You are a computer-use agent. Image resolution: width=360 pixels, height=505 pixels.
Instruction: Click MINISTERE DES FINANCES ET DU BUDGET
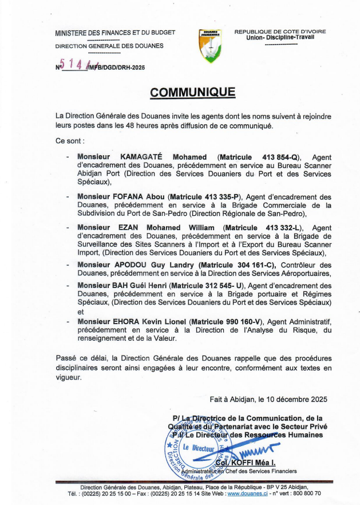(x=115, y=33)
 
